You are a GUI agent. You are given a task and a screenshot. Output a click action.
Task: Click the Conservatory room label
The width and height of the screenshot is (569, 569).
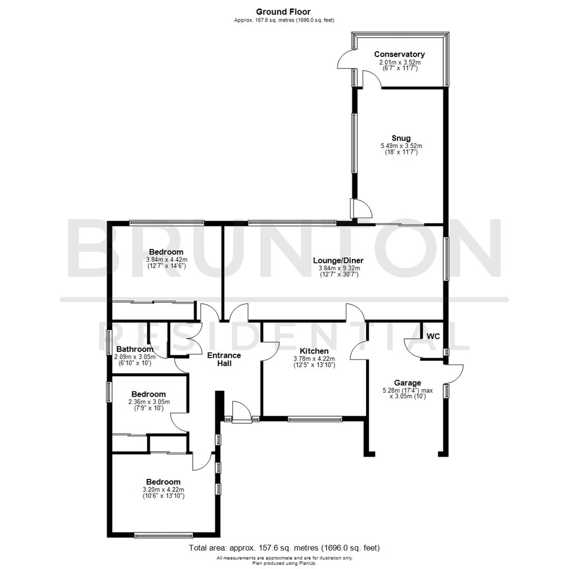point(399,54)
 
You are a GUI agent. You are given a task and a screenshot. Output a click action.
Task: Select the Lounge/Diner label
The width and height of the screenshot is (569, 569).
point(338,260)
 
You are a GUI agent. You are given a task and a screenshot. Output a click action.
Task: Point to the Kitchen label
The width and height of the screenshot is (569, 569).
point(314,351)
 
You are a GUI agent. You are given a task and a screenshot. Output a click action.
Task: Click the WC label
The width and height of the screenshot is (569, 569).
point(433,336)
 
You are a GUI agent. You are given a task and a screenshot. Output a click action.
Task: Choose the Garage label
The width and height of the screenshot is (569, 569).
point(408,383)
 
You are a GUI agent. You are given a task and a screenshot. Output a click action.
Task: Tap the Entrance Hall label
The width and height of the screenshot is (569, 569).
point(224,359)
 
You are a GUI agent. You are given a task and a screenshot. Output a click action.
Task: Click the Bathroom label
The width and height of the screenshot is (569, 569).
point(135,349)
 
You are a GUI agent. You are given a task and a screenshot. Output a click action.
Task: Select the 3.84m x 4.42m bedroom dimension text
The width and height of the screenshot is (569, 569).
point(166,260)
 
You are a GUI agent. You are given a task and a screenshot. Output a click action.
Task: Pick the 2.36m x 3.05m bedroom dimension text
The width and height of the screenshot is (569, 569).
point(149,402)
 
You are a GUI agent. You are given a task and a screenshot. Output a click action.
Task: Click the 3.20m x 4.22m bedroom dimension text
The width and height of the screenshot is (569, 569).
point(163,489)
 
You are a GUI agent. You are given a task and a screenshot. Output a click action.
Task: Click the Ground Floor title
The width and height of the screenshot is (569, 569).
point(283,12)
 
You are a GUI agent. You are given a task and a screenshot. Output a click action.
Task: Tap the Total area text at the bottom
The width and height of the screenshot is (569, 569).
point(284,548)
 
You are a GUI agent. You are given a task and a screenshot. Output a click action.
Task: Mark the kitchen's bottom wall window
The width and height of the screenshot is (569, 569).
point(315,419)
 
